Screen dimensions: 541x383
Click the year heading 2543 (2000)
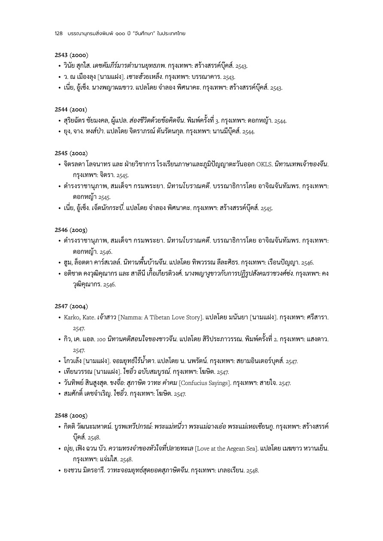(71, 55)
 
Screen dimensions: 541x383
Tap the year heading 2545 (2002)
(71, 153)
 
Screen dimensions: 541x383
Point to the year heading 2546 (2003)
(71, 230)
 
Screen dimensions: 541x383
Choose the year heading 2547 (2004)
(71, 306)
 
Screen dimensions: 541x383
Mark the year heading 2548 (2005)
(71, 415)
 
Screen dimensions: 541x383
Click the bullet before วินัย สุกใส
(59, 66)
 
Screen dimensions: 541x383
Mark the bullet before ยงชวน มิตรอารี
(59, 470)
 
